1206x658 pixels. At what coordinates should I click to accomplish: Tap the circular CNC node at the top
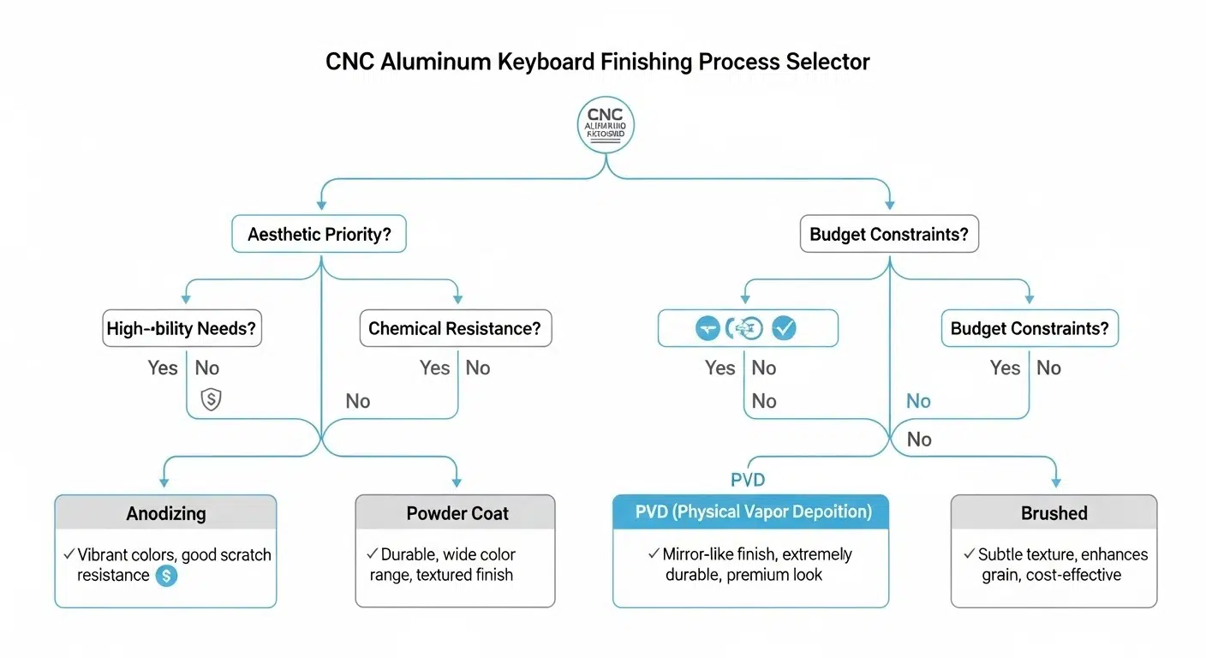point(606,125)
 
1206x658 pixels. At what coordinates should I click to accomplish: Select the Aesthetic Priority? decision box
point(319,234)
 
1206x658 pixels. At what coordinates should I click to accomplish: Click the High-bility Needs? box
point(182,328)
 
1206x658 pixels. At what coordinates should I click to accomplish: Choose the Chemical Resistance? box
point(455,328)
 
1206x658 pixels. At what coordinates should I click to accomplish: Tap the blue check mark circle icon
point(784,328)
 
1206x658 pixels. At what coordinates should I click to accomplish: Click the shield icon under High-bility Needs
point(211,398)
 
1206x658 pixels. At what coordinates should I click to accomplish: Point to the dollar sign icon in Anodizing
point(166,576)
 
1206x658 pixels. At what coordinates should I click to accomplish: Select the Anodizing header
point(166,513)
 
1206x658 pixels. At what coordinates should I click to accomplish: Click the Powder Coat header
point(457,513)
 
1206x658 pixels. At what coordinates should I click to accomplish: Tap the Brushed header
point(1054,513)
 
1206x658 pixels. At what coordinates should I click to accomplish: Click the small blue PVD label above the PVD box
point(747,480)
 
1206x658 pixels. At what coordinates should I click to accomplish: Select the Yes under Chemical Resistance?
point(434,368)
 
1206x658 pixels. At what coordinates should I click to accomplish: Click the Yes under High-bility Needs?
point(163,368)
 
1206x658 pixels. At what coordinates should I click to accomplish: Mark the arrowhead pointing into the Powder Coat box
point(457,482)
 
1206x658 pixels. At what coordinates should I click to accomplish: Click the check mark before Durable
point(372,554)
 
